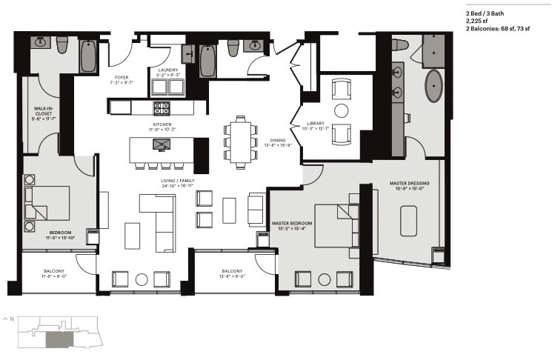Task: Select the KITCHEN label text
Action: pos(162,124)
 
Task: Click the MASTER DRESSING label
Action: pos(410,183)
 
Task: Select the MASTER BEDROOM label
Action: pos(291,223)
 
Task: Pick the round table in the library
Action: pos(342,111)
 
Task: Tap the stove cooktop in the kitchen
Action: pos(162,107)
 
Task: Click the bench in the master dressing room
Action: pos(410,220)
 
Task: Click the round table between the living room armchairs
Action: pos(142,279)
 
